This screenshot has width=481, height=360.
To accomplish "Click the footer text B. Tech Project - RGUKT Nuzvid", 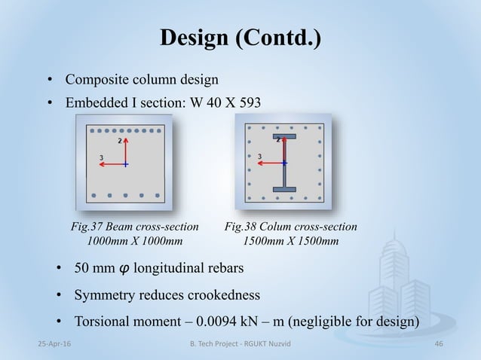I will click(x=240, y=343).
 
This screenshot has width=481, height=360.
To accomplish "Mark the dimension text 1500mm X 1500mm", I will click(x=291, y=241).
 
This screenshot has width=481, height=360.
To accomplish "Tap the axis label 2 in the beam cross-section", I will click(x=119, y=141).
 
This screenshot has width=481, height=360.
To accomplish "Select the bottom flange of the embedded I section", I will click(x=284, y=188).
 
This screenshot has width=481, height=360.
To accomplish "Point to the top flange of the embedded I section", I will click(x=285, y=138).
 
